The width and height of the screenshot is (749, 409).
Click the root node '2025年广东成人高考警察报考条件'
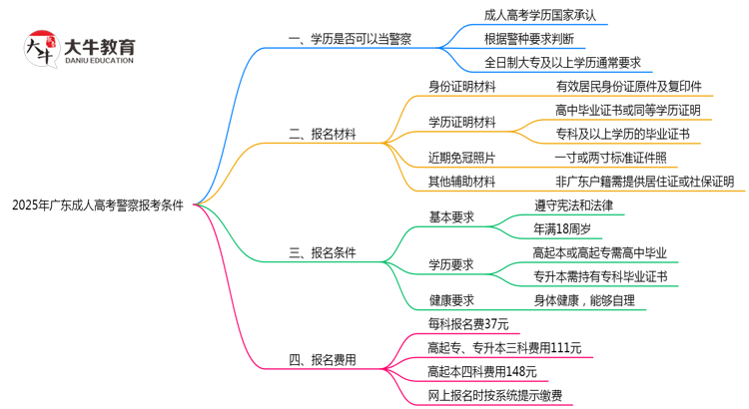pyautogui.click(x=97, y=205)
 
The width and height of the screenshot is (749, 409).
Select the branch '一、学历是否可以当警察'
pyautogui.click(x=350, y=40)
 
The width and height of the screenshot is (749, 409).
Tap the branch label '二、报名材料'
pyautogui.click(x=322, y=134)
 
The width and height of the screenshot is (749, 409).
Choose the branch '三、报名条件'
pyautogui.click(x=322, y=252)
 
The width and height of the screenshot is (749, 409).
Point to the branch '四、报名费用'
pyautogui.click(x=322, y=359)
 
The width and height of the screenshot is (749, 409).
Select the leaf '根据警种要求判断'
pyautogui.click(x=528, y=40)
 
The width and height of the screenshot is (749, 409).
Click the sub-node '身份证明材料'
pyautogui.click(x=461, y=87)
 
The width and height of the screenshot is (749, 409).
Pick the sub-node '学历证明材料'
pyautogui.click(x=461, y=122)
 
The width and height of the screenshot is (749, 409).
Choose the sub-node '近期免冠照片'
pyautogui.click(x=461, y=158)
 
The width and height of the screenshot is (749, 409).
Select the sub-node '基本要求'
pyautogui.click(x=451, y=217)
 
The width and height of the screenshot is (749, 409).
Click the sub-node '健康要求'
pyautogui.click(x=451, y=299)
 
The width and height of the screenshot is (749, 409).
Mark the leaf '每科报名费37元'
pyautogui.click(x=468, y=323)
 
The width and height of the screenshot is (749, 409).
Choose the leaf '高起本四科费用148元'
pyautogui.click(x=481, y=371)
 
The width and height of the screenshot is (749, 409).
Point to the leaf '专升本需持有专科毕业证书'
pyautogui.click(x=600, y=276)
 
